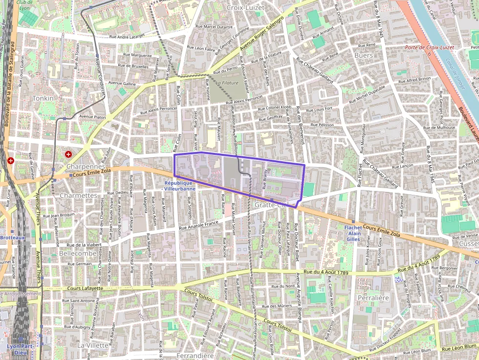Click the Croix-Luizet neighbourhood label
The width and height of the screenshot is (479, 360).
tap(245, 7)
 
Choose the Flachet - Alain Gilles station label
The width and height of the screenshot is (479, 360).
tap(352, 233)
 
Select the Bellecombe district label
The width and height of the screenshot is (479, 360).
tap(77, 254)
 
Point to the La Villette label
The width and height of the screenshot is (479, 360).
tap(92, 345)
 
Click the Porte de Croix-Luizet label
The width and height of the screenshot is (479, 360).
tap(429, 47)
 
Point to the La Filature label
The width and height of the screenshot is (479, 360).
tap(227, 83)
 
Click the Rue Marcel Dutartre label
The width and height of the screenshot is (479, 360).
tap(214, 26)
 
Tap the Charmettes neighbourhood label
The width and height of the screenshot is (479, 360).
tap(78, 195)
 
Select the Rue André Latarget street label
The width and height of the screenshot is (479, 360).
tap(127, 36)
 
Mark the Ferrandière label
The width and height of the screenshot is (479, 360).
tap(195, 356)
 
